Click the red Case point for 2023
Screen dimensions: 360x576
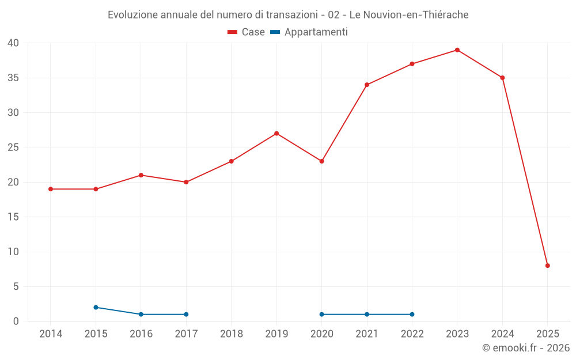pos(457,50)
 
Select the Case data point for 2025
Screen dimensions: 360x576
pos(548,266)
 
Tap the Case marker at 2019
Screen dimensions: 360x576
pos(276,134)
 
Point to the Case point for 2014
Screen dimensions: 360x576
pos(51,189)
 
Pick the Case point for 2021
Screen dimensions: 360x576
pos(367,85)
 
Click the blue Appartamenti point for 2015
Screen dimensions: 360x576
pos(96,308)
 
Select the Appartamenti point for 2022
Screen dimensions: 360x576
pos(412,314)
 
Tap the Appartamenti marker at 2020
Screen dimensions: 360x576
pos(321,314)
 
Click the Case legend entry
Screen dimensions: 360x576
pos(247,32)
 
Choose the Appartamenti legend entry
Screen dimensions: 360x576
pos(309,32)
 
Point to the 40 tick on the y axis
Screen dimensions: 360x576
pos(14,43)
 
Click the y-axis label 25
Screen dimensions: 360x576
pos(14,147)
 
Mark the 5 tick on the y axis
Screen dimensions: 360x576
pos(17,286)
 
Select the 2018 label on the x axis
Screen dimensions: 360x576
pos(231,334)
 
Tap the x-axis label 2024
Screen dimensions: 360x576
pos(502,334)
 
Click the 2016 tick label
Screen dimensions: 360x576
pos(141,334)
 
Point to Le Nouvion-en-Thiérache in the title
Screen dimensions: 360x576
pos(409,14)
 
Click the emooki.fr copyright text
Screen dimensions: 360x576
pos(526,348)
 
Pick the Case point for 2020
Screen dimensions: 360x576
pos(321,161)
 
